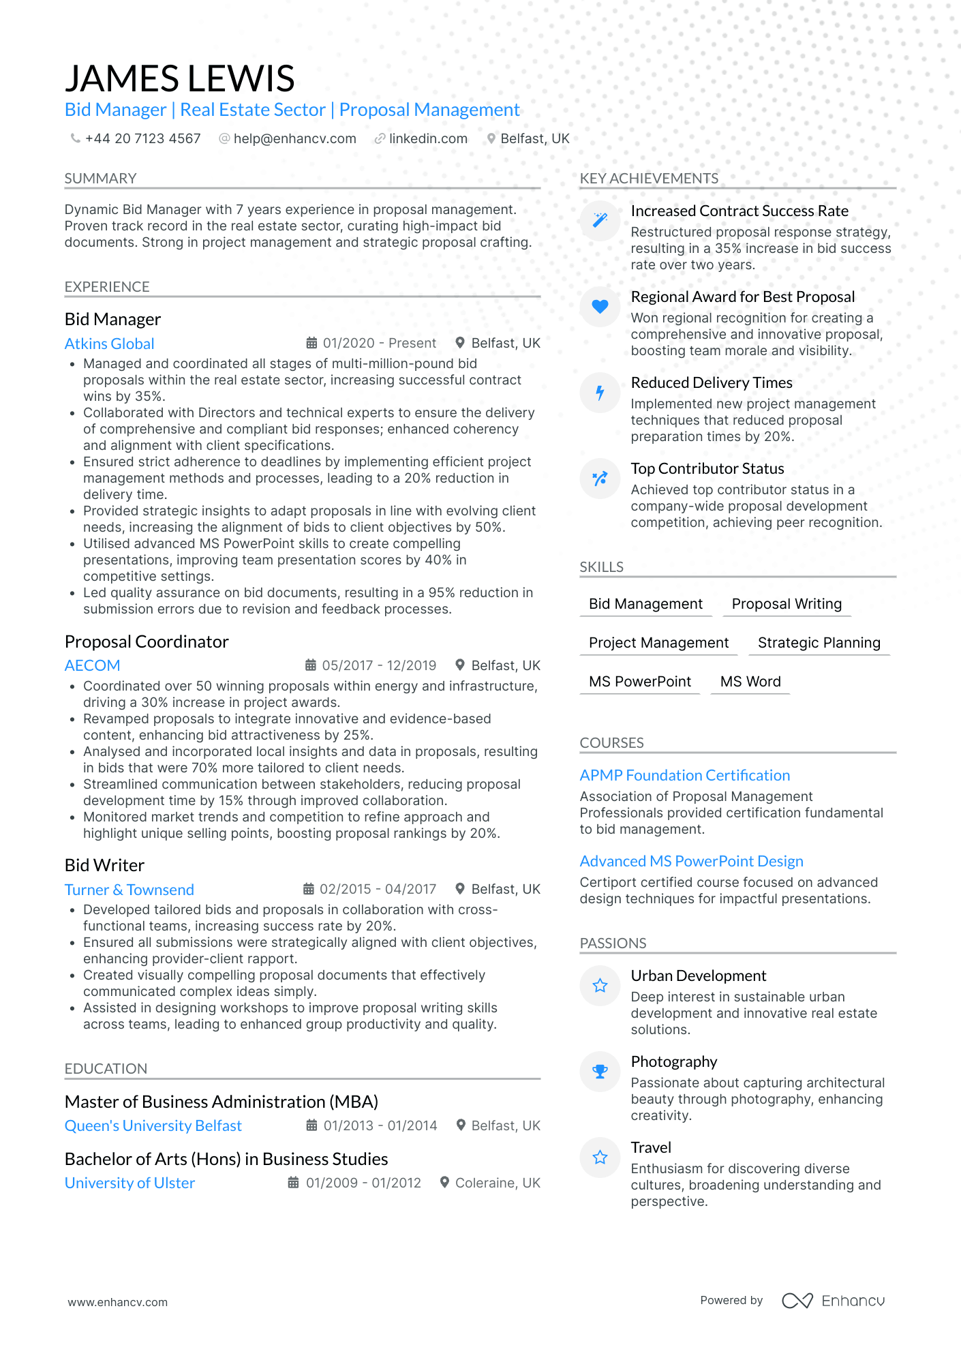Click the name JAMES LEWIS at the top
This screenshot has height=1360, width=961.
(179, 78)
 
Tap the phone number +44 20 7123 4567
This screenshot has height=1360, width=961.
(142, 138)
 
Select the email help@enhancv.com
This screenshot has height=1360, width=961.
(294, 138)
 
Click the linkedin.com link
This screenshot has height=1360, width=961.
(428, 138)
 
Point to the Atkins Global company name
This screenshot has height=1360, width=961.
(109, 344)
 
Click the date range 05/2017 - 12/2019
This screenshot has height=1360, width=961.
(379, 665)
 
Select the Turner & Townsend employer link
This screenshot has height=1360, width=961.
(129, 890)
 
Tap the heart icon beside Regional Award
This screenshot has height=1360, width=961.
(600, 307)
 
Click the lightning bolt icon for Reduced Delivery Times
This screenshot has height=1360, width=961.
(600, 393)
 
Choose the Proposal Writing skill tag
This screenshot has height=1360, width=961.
(787, 604)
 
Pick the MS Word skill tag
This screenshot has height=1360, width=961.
(750, 682)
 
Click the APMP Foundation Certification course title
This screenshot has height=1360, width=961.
(684, 775)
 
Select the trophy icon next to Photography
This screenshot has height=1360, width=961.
(600, 1071)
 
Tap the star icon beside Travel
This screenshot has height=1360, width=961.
(600, 1157)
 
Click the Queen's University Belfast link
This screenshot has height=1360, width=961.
(153, 1125)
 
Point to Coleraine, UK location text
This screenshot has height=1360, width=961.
(497, 1183)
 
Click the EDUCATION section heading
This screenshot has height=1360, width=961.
(106, 1068)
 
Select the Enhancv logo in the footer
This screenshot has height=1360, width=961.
(833, 1301)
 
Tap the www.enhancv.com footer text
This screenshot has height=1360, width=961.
(117, 1302)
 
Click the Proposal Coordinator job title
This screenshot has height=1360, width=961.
(147, 641)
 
